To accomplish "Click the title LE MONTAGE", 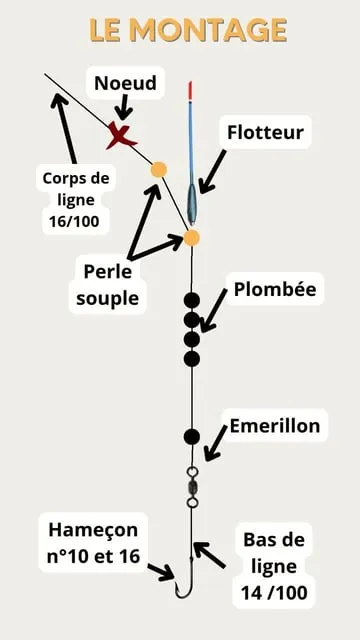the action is point(188,31).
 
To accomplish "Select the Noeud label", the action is point(125,83).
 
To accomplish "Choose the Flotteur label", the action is point(265,131).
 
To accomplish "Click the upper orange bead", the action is point(158,170).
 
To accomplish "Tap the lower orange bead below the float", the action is point(192,237).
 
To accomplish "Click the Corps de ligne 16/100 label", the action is point(77,199).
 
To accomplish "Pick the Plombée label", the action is point(275,290).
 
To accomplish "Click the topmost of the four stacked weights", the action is point(192,300).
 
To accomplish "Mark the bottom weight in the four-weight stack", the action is point(192,358).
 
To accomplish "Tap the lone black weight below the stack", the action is point(192,436).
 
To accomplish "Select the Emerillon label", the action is point(275,426).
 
